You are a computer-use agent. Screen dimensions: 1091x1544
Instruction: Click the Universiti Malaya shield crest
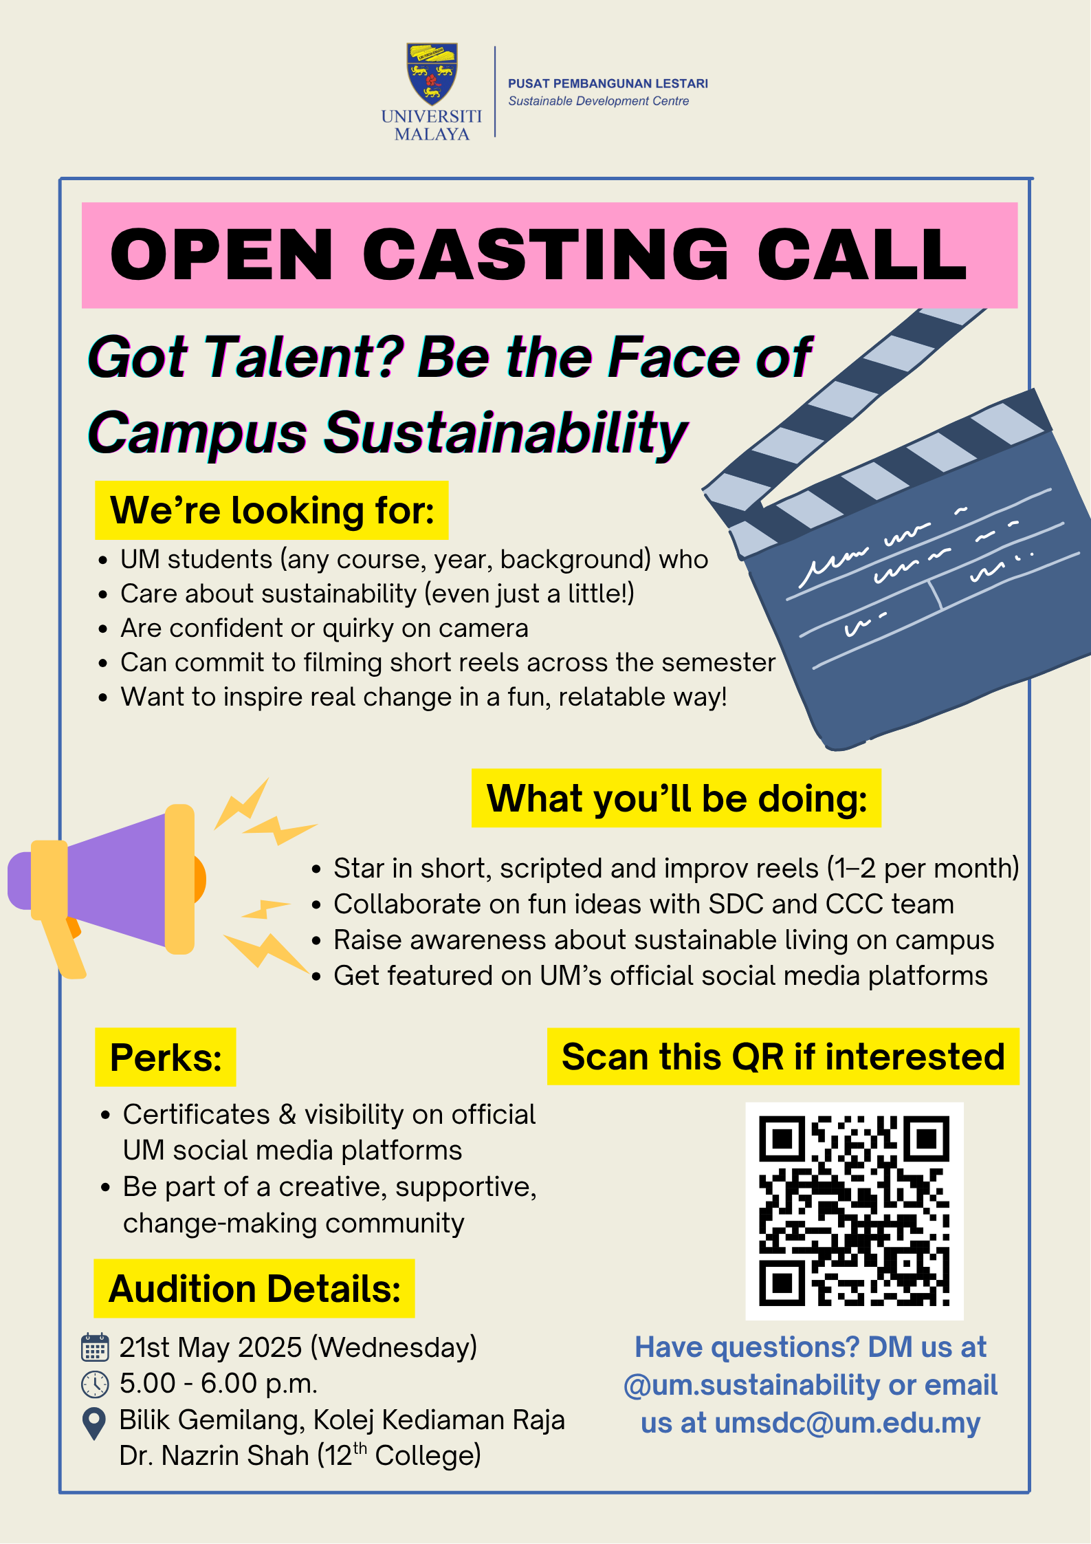pyautogui.click(x=432, y=74)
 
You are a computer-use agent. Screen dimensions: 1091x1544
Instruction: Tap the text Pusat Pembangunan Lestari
pyautogui.click(x=608, y=84)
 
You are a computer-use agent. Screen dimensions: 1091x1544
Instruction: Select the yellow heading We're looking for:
pyautogui.click(x=272, y=510)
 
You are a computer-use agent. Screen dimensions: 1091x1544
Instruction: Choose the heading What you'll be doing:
pyautogui.click(x=676, y=798)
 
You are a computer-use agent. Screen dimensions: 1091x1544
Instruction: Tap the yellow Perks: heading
pyautogui.click(x=166, y=1057)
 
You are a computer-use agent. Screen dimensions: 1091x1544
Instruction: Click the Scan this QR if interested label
pyautogui.click(x=783, y=1056)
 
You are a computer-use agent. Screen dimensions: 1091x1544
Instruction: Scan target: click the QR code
pyautogui.click(x=855, y=1211)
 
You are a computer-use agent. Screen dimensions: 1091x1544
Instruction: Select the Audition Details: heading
pyautogui.click(x=254, y=1288)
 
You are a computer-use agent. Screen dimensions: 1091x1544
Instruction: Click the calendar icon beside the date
pyautogui.click(x=95, y=1347)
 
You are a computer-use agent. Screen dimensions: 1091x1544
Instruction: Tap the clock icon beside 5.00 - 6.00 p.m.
pyautogui.click(x=95, y=1384)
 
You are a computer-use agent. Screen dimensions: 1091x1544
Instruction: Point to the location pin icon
pyautogui.click(x=93, y=1423)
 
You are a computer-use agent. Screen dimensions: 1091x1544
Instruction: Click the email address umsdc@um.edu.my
pyautogui.click(x=848, y=1423)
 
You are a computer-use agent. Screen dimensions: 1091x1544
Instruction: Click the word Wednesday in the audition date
pyautogui.click(x=395, y=1347)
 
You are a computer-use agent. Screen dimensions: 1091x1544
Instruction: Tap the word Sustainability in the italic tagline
pyautogui.click(x=506, y=433)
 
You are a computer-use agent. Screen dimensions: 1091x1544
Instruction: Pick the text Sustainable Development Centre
pyautogui.click(x=598, y=101)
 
